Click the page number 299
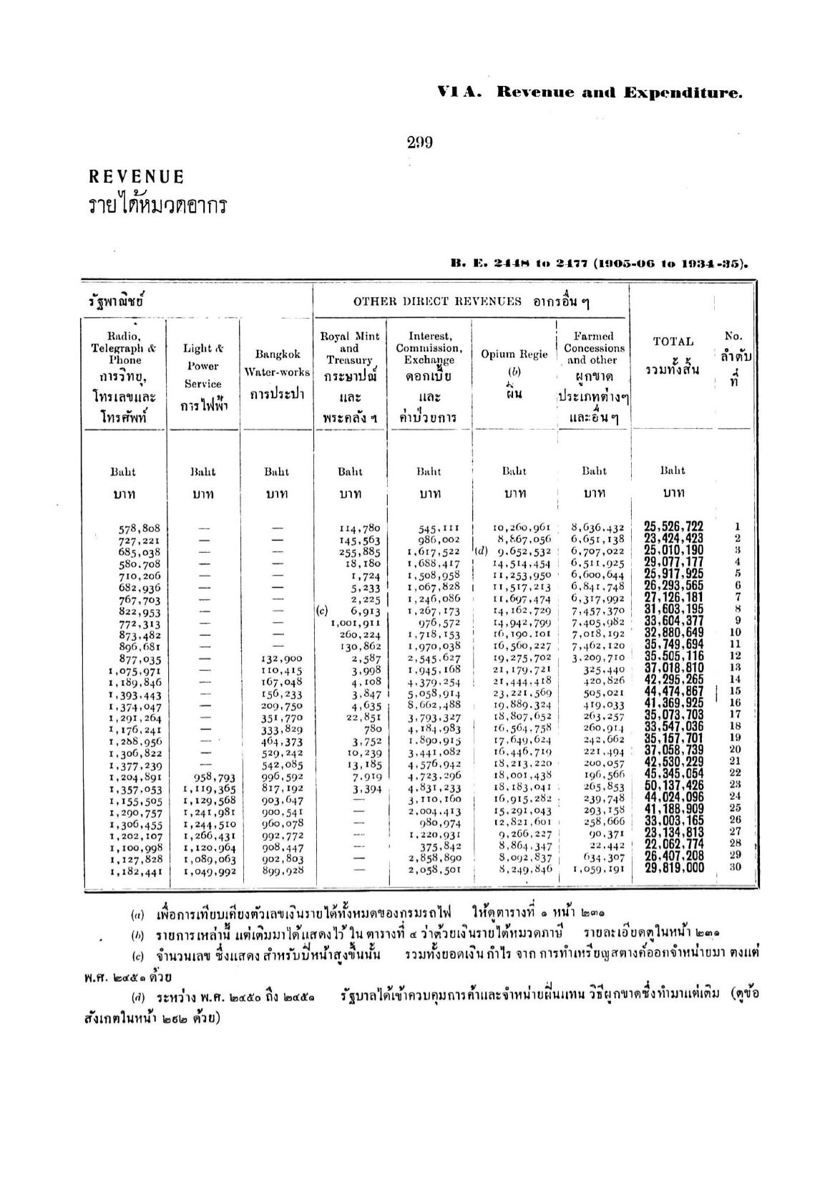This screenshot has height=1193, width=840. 420,143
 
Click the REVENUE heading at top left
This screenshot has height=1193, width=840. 136,177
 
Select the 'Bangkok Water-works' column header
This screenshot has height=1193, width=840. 277,363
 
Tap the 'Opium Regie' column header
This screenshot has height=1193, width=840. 514,354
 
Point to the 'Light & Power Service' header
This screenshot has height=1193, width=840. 202,366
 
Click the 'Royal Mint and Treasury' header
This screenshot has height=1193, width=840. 349,349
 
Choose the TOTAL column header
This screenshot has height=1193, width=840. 673,342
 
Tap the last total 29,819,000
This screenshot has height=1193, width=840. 673,869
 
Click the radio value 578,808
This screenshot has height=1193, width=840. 139,529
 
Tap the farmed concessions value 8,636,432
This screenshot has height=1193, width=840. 597,528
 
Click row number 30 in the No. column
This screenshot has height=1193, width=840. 735,867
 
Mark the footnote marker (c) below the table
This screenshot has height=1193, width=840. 137,957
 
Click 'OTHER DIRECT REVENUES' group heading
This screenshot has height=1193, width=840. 437,301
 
